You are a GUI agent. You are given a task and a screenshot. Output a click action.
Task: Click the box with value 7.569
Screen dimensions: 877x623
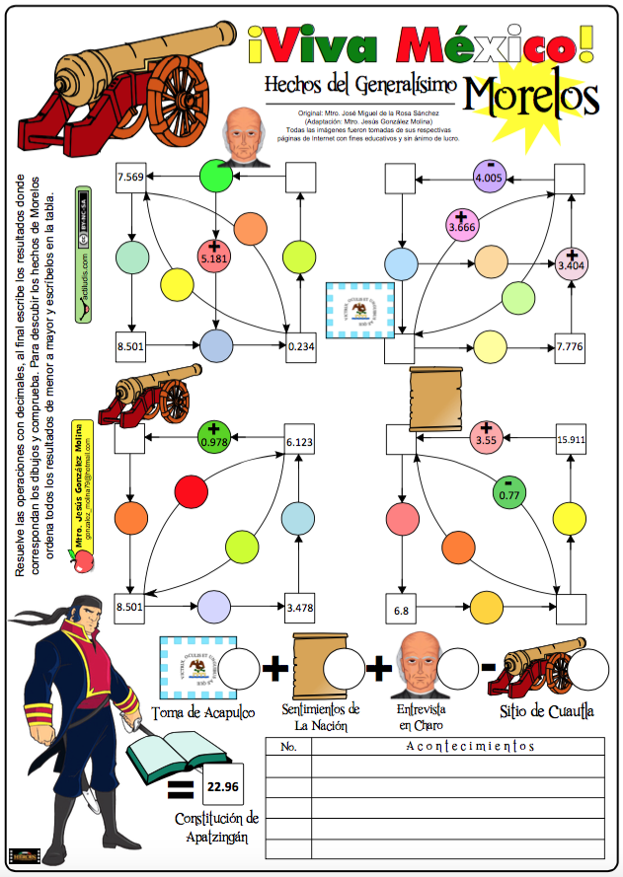tap(130, 178)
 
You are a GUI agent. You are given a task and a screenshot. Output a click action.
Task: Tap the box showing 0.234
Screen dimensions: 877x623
tap(301, 345)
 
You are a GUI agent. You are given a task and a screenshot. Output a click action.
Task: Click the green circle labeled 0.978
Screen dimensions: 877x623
tap(213, 434)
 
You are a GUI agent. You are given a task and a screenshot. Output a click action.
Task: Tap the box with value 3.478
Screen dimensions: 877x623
tap(298, 608)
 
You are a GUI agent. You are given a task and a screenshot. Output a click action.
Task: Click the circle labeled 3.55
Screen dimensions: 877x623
tap(485, 435)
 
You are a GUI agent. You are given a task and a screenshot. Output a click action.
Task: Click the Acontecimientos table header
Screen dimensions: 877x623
tap(470, 746)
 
